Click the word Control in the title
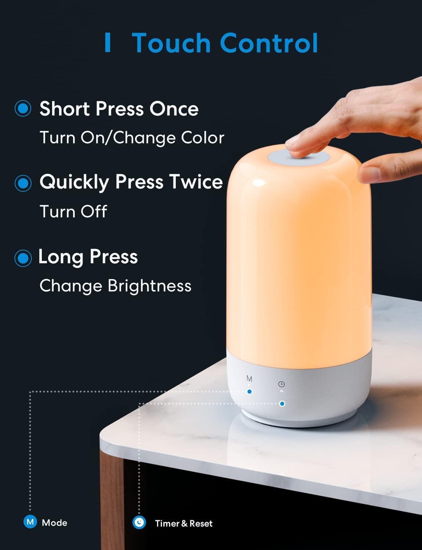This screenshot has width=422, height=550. pyautogui.click(x=269, y=43)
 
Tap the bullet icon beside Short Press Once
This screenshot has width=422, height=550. pyautogui.click(x=23, y=109)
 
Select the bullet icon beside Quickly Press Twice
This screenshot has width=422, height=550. pyautogui.click(x=23, y=182)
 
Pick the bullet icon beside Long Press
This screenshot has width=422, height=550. pyautogui.click(x=23, y=258)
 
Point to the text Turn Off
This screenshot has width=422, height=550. pyautogui.click(x=73, y=212)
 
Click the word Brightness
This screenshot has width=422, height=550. pyautogui.click(x=149, y=286)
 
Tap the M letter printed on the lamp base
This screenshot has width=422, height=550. pyautogui.click(x=250, y=379)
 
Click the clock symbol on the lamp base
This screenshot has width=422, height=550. pyautogui.click(x=281, y=384)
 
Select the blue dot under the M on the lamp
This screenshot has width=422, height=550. pyautogui.click(x=250, y=392)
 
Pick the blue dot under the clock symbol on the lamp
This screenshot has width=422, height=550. pyautogui.click(x=282, y=404)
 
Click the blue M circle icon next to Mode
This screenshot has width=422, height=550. pyautogui.click(x=30, y=522)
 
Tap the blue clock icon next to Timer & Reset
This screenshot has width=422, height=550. pyautogui.click(x=139, y=522)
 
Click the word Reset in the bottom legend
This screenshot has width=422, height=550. pyautogui.click(x=201, y=524)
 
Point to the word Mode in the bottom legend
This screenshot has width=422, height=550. pyautogui.click(x=54, y=523)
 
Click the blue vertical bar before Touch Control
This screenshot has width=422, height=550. pyautogui.click(x=108, y=43)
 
